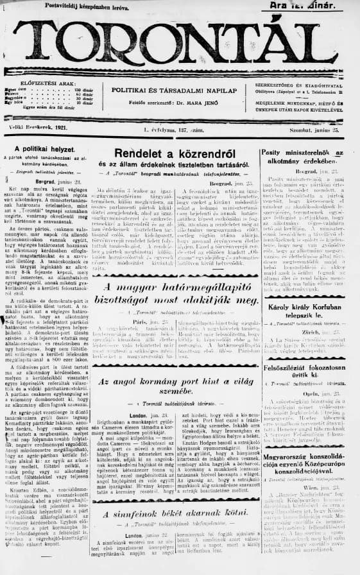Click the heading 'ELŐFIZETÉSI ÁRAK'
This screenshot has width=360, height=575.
point(45,83)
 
